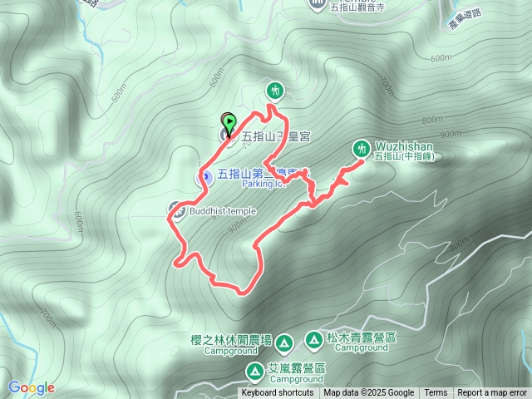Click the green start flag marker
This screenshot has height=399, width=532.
pyautogui.click(x=229, y=121)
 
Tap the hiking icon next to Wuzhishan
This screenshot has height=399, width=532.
pyautogui.click(x=361, y=148)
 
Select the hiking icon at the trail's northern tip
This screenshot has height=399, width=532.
pyautogui.click(x=275, y=90)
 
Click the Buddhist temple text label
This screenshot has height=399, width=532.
pyautogui.click(x=223, y=211)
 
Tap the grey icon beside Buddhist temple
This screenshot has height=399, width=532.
pyautogui.click(x=176, y=209)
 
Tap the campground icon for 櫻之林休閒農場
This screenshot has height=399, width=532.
pyautogui.click(x=283, y=342)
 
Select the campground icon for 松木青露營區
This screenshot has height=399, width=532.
pyautogui.click(x=313, y=339)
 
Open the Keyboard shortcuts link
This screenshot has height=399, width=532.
pyautogui.click(x=278, y=393)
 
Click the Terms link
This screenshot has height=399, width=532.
pyautogui.click(x=436, y=393)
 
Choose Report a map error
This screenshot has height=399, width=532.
pyautogui.click(x=492, y=393)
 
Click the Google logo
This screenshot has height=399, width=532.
pyautogui.click(x=32, y=387)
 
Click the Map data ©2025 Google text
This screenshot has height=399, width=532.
pyautogui.click(x=369, y=393)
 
